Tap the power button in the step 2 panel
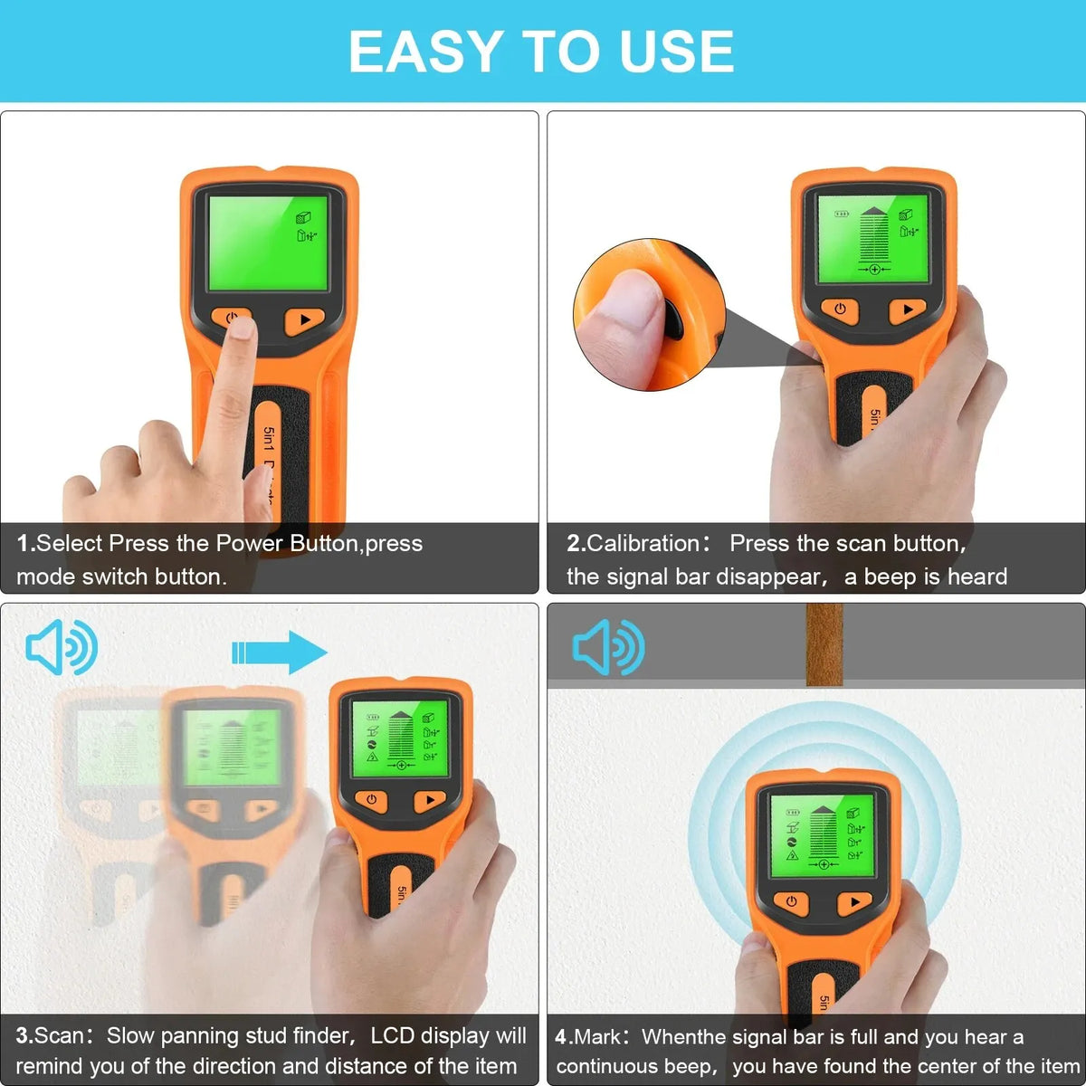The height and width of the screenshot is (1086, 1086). (x=840, y=310)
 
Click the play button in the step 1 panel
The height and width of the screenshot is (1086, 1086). (x=305, y=320)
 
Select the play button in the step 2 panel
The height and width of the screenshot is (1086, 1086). (x=908, y=310)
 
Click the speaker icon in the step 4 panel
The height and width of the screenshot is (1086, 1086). (x=608, y=647)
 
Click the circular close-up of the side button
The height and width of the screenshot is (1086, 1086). (x=648, y=315)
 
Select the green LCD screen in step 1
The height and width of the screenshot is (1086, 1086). (x=268, y=243)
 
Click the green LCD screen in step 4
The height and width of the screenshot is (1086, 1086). (x=822, y=835)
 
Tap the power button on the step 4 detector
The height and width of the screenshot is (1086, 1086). (x=791, y=901)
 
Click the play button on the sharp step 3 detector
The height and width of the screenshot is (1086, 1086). (x=429, y=800)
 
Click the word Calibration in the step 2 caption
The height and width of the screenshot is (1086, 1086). (x=643, y=543)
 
